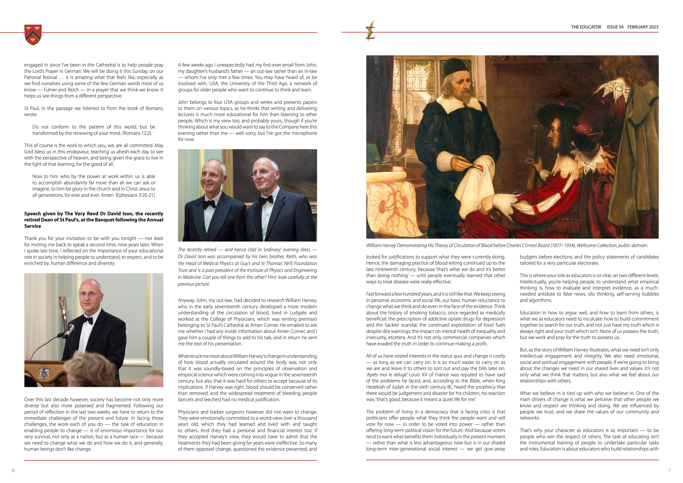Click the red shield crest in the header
point(33,35)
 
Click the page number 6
point(13,471)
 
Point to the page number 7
point(669,471)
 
